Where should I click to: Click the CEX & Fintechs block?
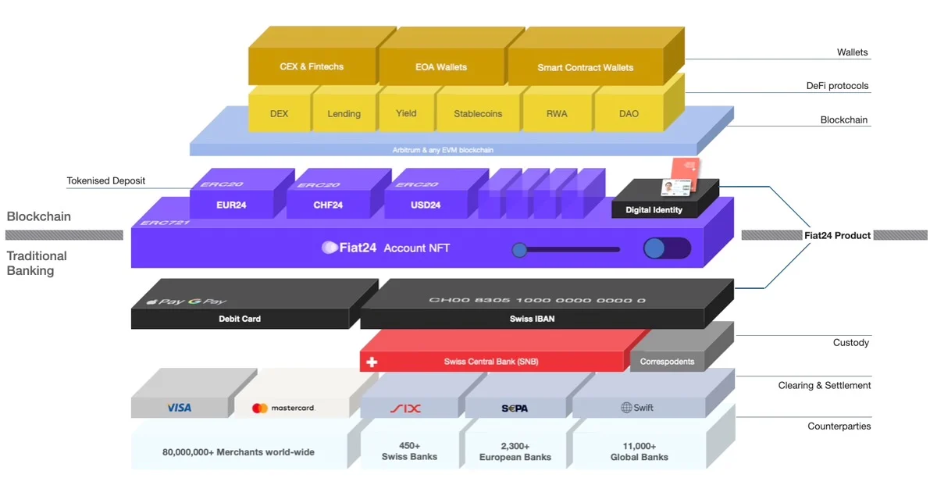311,67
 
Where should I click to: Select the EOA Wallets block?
441,68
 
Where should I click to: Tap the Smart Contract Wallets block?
585,68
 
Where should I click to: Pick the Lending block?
344,114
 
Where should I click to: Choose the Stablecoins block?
478,114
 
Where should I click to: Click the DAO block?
629,114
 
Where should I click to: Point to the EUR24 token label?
232,205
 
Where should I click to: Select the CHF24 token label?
329,205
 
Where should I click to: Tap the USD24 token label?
426,205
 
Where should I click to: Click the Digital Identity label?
654,209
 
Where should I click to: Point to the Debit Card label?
240,319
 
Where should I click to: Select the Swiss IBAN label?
533,319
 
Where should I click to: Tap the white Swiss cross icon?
372,362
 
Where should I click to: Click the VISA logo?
179,408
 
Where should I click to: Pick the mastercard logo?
283,408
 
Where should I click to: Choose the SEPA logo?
515,408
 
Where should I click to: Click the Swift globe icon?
626,408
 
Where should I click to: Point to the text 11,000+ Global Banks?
639,451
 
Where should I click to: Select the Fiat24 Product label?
838,235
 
